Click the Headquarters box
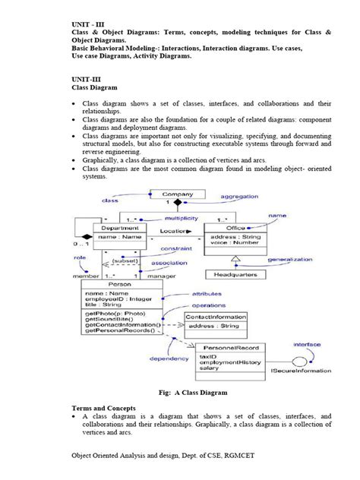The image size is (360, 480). point(233,274)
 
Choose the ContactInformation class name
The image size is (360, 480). point(216,317)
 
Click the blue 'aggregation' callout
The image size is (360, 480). point(239,196)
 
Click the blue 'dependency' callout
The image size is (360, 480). point(168,358)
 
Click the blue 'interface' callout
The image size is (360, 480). point(308,344)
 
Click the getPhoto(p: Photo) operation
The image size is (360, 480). point(114,314)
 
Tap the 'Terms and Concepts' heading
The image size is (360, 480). point(96,408)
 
